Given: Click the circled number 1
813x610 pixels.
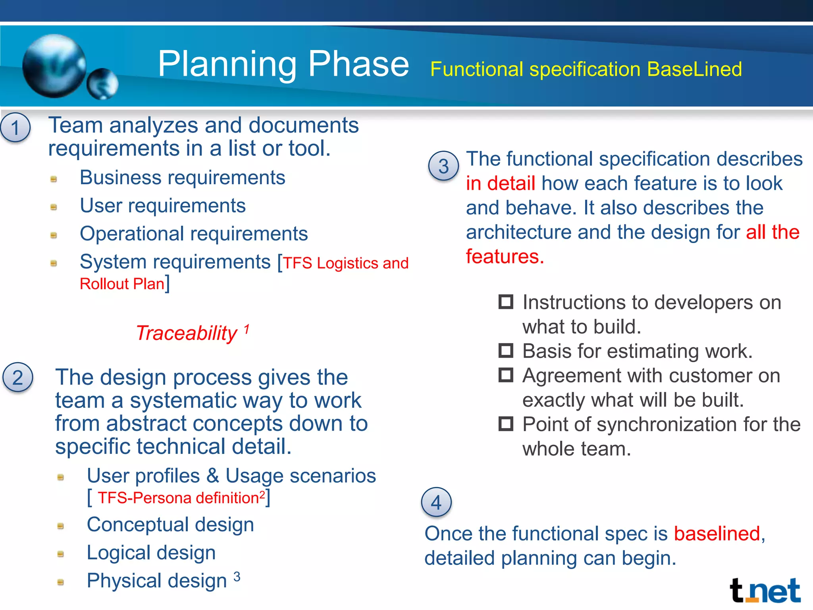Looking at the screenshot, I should click(x=15, y=128).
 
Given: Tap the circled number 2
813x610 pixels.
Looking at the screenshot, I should click(x=18, y=377).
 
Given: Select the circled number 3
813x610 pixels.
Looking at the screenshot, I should click(x=443, y=166).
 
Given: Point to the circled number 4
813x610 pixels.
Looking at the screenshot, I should click(x=436, y=502).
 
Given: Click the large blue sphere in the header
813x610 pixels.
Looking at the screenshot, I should click(x=54, y=66).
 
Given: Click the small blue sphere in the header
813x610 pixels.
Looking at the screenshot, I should click(x=102, y=84).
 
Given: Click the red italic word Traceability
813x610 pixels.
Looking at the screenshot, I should click(x=187, y=333).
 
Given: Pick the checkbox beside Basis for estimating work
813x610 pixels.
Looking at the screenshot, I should click(x=506, y=350).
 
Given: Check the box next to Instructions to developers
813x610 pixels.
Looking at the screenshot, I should click(x=506, y=302).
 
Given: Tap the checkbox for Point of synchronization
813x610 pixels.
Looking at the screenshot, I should click(x=506, y=424).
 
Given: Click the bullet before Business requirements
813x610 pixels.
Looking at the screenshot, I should click(x=54, y=179).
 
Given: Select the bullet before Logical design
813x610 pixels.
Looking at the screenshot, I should click(x=61, y=554).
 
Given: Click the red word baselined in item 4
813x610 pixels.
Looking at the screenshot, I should click(x=717, y=533).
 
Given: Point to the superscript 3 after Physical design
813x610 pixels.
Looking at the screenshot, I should click(x=237, y=576).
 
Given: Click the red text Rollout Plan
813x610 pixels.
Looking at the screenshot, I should click(x=122, y=284).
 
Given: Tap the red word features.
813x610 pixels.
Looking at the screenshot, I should click(x=504, y=256).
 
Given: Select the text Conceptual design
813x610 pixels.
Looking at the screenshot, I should click(x=170, y=524).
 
